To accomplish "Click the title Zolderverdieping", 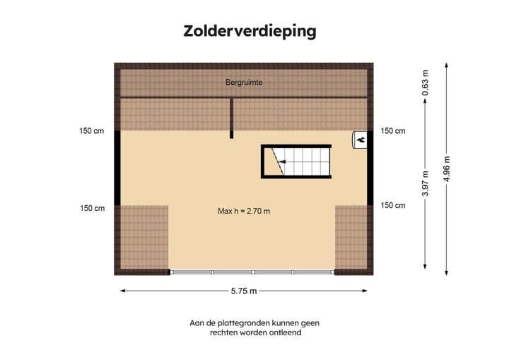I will (x=250, y=31).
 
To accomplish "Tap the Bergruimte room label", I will (x=244, y=83).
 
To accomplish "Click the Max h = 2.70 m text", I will (x=244, y=211).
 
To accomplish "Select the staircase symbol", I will (x=296, y=162).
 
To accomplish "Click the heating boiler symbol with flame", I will (x=361, y=140).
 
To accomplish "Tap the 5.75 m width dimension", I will (x=244, y=291).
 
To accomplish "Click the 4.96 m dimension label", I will (x=447, y=169).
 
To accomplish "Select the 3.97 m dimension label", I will (x=425, y=184).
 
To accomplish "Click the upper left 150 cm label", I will (x=92, y=131).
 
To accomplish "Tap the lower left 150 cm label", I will (x=92, y=208).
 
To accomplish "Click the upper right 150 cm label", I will (x=393, y=131).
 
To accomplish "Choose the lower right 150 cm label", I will (x=393, y=205).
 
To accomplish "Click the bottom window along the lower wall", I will (x=252, y=272).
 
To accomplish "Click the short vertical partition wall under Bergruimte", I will (x=231, y=117).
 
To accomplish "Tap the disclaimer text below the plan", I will (x=255, y=327).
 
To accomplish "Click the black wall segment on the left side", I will (x=117, y=168).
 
